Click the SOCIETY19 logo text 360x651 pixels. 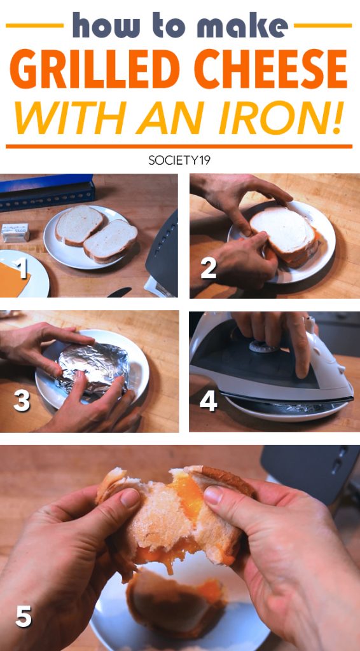coord(179,160)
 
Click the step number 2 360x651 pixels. coord(209,269)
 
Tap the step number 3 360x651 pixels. coord(22,402)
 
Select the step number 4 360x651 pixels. coord(209,402)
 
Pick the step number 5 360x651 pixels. coord(24,617)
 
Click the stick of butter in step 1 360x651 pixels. coord(15,232)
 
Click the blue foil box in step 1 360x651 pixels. coord(46,192)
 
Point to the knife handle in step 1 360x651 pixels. coord(119,292)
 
